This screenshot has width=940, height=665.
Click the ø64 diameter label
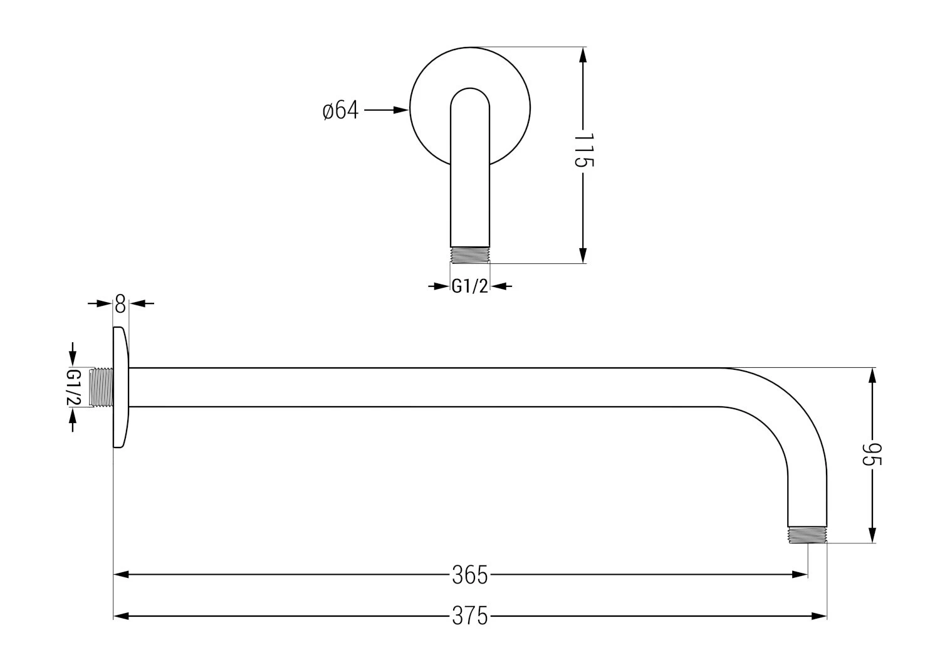340,110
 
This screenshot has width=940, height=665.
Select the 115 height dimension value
583,150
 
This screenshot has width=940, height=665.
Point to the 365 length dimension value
469,574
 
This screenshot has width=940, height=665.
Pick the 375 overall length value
469,617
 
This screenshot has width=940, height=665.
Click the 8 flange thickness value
120,305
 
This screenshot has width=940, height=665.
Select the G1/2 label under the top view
469,286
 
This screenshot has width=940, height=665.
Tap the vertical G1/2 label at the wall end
73,387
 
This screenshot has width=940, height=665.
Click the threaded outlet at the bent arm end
807,534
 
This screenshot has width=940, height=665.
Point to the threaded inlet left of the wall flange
101,387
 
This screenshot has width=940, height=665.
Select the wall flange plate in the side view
120,387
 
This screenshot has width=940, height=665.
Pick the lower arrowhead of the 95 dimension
872,535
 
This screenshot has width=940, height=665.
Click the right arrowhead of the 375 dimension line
820,617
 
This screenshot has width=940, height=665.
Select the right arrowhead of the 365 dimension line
800,574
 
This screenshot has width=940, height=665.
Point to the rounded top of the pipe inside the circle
470,93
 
